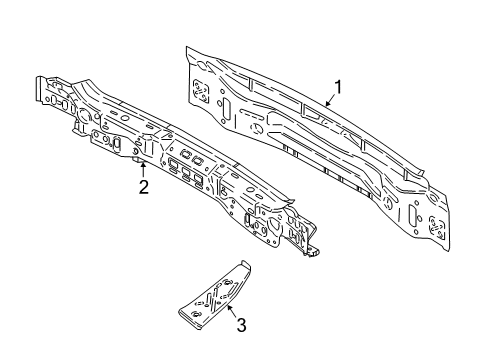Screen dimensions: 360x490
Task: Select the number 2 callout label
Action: coord(144,185)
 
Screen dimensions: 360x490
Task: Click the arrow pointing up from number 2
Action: coord(143,168)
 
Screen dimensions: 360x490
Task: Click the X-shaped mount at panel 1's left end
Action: coord(200,87)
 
